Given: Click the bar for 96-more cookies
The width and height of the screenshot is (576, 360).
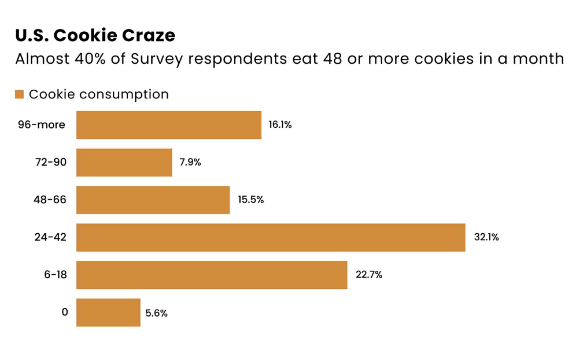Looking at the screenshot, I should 168,125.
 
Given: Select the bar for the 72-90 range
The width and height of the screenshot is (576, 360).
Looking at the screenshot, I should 124,162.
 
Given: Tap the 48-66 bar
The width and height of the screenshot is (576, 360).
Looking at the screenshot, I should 153,200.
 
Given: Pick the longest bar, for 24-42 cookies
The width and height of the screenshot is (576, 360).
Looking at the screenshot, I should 270,237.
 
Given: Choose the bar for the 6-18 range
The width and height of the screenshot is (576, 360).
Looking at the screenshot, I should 212,275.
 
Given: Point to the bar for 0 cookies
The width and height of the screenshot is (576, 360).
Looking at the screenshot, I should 108,312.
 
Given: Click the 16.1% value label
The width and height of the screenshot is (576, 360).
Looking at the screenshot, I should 280,125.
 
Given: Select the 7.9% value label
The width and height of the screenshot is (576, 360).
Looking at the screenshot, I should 190,162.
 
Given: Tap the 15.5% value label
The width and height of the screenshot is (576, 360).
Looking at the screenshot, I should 251,200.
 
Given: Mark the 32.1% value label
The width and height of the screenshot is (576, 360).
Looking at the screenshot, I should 486,237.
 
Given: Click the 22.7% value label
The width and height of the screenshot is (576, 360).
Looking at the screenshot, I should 369,275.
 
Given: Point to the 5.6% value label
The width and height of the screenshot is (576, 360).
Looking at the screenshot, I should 156,313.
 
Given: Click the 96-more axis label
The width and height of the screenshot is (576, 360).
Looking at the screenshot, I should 42,125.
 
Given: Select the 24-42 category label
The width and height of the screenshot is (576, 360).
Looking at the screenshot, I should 50,237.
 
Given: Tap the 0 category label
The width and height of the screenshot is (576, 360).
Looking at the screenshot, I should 65,312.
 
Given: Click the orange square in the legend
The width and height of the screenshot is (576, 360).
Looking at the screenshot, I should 19,94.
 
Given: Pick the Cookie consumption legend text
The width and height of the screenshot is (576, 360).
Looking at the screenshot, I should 99,94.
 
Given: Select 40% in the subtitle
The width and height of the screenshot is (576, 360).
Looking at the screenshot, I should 90,59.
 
